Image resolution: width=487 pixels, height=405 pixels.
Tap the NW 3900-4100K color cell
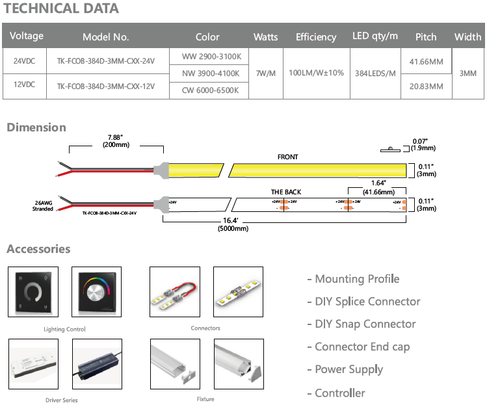(207, 73)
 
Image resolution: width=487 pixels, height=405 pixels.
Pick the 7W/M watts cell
(266, 73)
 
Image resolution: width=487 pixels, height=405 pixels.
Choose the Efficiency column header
(316, 37)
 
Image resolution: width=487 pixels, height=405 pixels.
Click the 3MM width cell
(467, 73)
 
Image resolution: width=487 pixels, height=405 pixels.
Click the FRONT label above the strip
(287, 157)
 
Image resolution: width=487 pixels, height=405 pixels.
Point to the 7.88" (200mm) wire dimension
(116, 140)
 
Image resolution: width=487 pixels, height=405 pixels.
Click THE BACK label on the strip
(286, 192)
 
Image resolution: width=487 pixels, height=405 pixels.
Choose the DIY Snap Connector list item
(361, 324)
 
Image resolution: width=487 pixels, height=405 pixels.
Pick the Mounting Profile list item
(353, 279)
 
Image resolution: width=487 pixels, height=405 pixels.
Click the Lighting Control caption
(64, 330)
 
